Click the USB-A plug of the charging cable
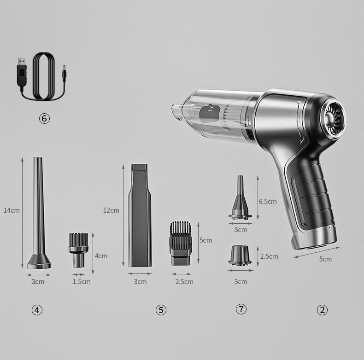(x=22, y=72)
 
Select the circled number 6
(x=44, y=118)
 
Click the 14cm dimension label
(x=12, y=210)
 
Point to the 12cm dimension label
(x=111, y=210)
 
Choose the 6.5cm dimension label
(x=268, y=202)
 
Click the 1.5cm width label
(x=82, y=282)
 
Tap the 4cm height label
(x=101, y=256)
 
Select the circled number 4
(x=37, y=310)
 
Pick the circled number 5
(x=161, y=310)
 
